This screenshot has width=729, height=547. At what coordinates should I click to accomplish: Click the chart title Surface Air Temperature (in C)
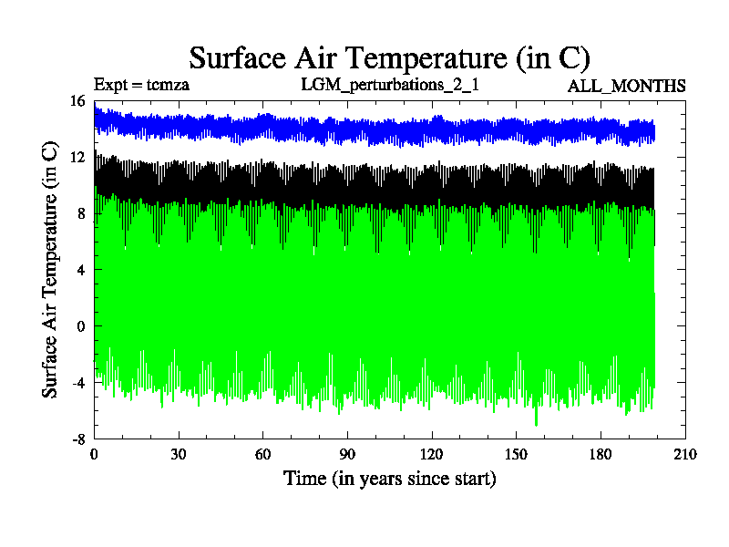point(390,57)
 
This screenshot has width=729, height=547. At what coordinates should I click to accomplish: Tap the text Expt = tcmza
point(141,86)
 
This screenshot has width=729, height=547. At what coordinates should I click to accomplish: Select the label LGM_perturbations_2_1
point(390,86)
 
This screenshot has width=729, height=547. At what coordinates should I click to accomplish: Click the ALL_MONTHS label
point(627,87)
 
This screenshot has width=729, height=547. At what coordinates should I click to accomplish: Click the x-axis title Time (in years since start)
point(390,478)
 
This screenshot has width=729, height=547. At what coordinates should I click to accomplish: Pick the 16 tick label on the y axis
point(77,101)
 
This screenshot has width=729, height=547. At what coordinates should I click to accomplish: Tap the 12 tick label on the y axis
point(77,158)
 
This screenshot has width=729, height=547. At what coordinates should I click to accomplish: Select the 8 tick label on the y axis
point(80,214)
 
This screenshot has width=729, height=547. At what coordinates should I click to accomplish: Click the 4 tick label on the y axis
point(80,270)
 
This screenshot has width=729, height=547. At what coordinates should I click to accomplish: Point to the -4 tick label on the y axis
point(77,383)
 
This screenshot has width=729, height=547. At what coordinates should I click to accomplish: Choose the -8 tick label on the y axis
point(77,439)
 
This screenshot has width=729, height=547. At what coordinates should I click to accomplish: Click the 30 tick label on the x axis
point(179,454)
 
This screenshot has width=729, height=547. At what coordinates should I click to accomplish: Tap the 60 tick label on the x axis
point(262,454)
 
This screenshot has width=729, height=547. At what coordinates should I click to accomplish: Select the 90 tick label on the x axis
point(347,454)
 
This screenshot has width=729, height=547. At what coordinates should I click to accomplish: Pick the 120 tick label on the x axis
point(432,454)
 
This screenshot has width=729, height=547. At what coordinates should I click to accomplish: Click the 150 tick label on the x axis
point(516,454)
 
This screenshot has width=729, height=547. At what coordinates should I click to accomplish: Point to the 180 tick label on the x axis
point(601,454)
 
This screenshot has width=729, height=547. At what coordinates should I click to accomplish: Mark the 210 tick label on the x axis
point(684,454)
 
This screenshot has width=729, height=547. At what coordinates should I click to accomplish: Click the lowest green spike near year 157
point(536,423)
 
